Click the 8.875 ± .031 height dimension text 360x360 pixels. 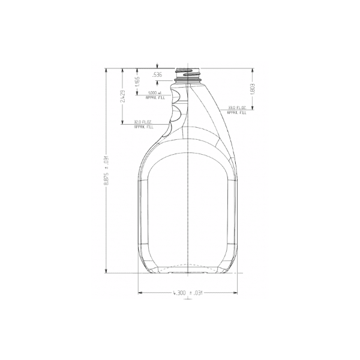(x=106, y=171)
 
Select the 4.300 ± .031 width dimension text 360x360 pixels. (x=188, y=293)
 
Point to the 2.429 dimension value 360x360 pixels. (x=123, y=97)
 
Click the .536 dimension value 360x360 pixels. (x=157, y=74)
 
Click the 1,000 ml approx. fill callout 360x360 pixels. (x=156, y=95)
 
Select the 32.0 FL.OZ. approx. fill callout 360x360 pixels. (x=143, y=125)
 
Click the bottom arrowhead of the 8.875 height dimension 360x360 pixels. (x=106, y=271)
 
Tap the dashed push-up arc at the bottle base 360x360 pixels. (x=188, y=268)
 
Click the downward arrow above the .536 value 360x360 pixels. (x=157, y=67)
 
